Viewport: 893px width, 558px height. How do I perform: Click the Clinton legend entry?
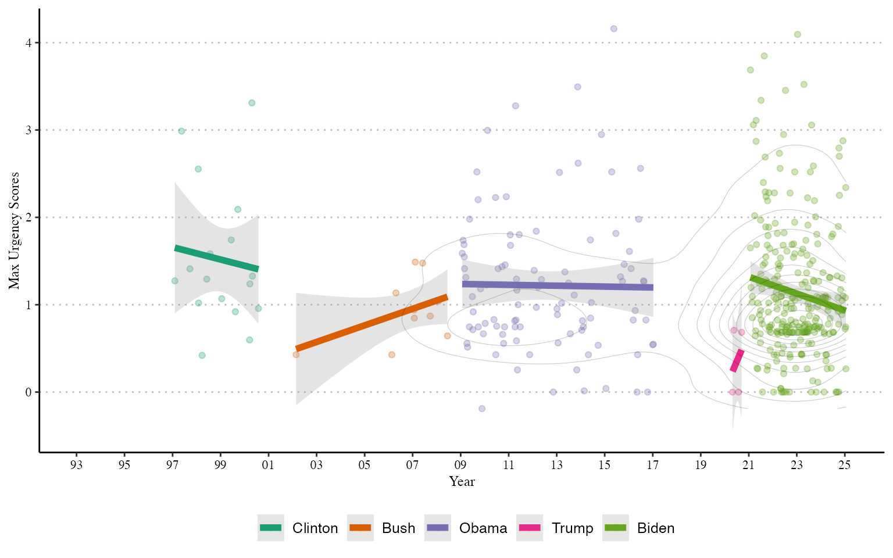point(298,528)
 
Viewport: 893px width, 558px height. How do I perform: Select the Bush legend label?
point(399,528)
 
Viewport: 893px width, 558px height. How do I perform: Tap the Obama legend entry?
point(466,528)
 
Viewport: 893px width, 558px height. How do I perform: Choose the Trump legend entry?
point(555,528)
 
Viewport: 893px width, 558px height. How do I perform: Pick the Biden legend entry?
point(639,528)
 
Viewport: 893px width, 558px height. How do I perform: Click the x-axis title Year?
point(462,481)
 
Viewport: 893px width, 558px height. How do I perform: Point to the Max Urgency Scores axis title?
point(14,231)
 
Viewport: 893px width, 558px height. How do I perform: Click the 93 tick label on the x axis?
point(76,465)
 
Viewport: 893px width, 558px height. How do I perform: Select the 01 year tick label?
point(268,465)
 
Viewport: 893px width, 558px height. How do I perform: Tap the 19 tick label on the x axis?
point(701,465)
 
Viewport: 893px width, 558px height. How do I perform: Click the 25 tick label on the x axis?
point(845,465)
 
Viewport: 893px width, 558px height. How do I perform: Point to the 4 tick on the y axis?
point(28,42)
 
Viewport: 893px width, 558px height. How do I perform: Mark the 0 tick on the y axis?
point(28,392)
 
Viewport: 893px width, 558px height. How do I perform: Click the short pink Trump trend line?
point(737,361)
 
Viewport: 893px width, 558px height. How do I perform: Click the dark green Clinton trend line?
point(217,259)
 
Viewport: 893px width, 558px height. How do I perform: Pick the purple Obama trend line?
point(558,285)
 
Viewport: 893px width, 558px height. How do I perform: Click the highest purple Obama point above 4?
point(614,28)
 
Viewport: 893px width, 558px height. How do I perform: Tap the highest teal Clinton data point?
point(252,103)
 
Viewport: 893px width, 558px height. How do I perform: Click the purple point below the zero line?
point(481,409)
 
